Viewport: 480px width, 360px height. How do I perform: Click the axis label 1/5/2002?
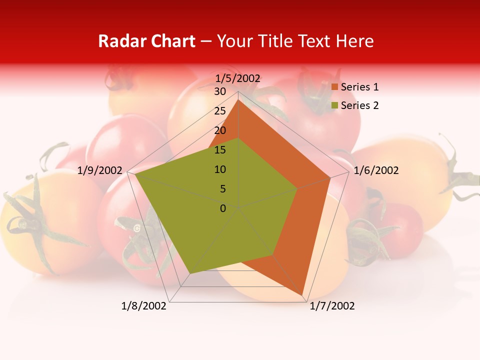237,78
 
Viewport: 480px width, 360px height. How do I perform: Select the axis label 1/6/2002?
376,170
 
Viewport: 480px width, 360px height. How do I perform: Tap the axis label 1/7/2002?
332,306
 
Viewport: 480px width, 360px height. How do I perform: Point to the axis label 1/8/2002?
144,306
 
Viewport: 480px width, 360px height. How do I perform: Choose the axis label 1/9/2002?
100,170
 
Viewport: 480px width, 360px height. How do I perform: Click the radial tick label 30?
220,91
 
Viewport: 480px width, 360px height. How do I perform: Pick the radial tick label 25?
220,111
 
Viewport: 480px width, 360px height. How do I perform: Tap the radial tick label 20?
220,130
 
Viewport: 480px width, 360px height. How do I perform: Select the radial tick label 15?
220,150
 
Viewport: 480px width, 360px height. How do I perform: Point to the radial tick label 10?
220,169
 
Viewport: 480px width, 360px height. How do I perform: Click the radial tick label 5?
223,189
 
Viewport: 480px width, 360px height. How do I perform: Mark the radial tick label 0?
223,208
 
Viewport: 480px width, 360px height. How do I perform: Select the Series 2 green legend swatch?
334,105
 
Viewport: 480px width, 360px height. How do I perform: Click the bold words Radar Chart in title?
146,41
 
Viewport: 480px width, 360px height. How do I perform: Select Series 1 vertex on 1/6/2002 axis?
330,177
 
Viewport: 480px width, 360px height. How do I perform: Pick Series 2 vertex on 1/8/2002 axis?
190,273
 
